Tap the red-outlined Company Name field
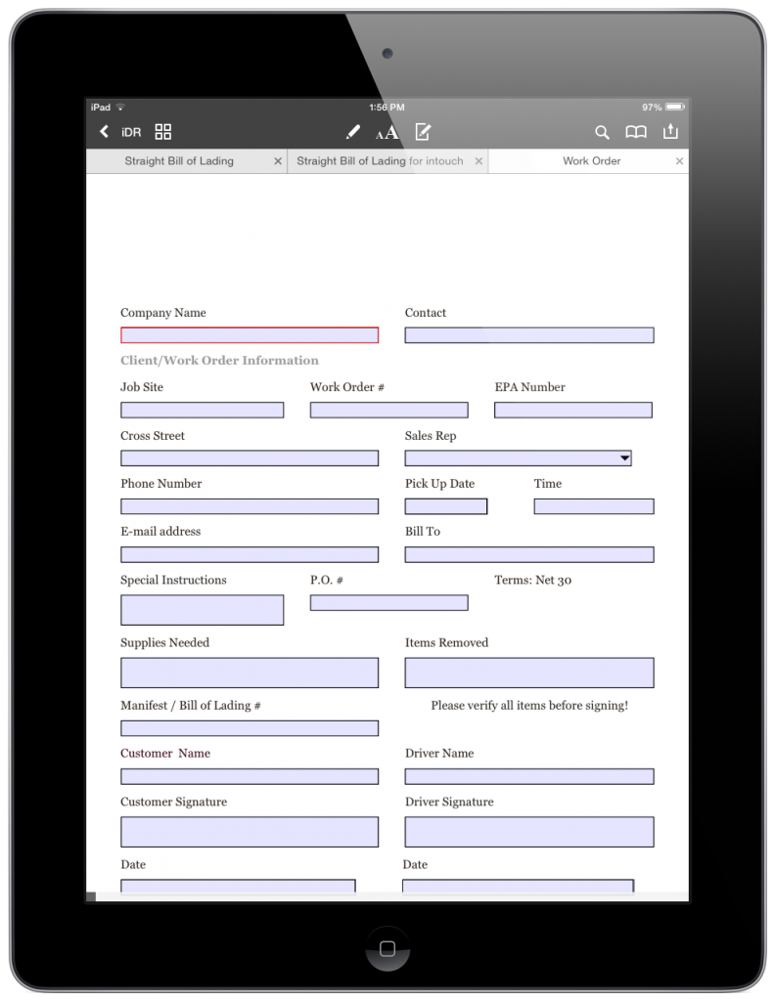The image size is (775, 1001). coord(249,335)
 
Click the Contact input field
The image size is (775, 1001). coord(528,335)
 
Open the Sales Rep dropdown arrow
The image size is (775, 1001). coord(623,457)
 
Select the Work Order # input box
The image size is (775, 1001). coord(388,411)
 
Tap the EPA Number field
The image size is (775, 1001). coord(572,411)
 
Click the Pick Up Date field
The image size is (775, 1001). coord(445,506)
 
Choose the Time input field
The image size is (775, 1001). coord(593,506)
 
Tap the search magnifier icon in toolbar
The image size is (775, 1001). coord(602,132)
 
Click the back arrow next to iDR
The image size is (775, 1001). coord(104,132)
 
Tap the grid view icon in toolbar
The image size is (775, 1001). coord(163,132)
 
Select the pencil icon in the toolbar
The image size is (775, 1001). coord(352,132)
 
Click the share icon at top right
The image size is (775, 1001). coord(670,132)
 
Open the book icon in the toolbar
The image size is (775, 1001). coord(636,132)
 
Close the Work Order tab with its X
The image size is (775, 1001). coord(679,161)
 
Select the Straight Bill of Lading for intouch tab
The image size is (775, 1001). coord(380,161)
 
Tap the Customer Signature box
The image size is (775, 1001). coord(249,832)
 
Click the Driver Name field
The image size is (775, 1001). coord(528,777)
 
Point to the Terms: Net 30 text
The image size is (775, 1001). coord(532,580)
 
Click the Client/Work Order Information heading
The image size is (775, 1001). coord(219,361)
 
